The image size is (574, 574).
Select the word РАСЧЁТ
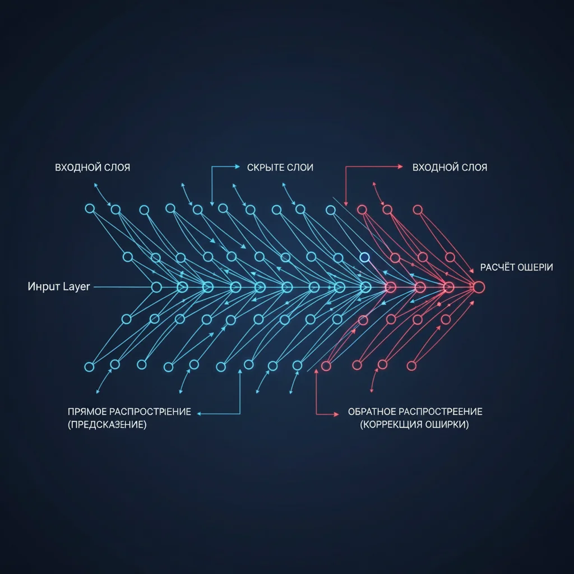tap(498, 267)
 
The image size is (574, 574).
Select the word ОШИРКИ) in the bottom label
tap(450, 425)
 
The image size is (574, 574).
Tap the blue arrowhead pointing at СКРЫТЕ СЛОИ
tap(237, 166)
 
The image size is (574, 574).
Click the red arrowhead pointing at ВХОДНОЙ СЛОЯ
tap(400, 166)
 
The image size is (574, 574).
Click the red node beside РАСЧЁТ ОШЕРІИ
tap(478, 286)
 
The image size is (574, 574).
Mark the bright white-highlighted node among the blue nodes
tap(365, 257)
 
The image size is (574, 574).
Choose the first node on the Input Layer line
tap(156, 287)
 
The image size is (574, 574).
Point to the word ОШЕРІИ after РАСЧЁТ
tap(534, 267)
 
